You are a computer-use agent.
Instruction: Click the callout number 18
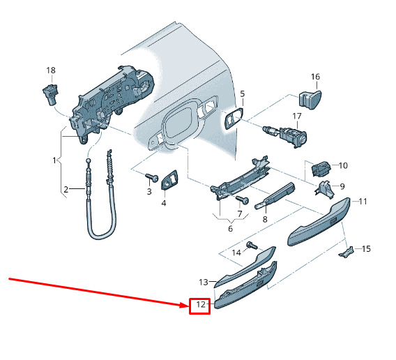click(x=51, y=70)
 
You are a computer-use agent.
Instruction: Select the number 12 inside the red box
click(x=201, y=305)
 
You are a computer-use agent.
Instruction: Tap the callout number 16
click(x=315, y=77)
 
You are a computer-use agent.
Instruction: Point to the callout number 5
click(x=243, y=94)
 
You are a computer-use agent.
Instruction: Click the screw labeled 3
click(x=152, y=177)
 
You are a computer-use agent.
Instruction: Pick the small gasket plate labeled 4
click(x=169, y=180)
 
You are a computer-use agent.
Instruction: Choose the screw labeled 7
click(x=243, y=200)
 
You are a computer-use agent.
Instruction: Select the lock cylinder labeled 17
click(x=285, y=135)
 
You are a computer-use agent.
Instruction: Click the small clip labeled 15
click(x=346, y=253)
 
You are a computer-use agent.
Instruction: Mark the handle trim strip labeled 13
click(x=245, y=267)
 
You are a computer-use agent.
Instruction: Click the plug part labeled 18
click(x=50, y=93)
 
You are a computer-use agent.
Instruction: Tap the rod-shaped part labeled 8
click(x=275, y=196)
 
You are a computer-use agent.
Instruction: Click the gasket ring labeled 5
click(x=234, y=118)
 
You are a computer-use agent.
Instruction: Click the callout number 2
click(x=66, y=189)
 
